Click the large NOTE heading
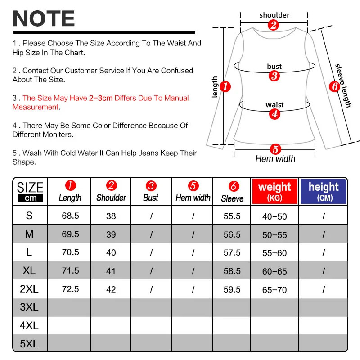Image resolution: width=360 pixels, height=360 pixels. pyautogui.click(x=44, y=18)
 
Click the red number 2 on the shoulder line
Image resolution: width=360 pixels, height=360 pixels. pyautogui.click(x=273, y=25)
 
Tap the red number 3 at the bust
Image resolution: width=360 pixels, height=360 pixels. pyautogui.click(x=274, y=76)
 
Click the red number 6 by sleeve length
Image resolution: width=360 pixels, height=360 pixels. pyautogui.click(x=333, y=86)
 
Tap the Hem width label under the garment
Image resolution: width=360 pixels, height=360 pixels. pyautogui.click(x=275, y=159)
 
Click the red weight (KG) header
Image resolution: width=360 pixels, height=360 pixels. pyautogui.click(x=274, y=191)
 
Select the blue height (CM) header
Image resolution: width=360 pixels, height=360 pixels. pyautogui.click(x=324, y=191)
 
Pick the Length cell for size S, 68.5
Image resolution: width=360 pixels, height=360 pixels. pyautogui.click(x=70, y=216)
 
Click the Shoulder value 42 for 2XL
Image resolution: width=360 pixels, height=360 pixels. pyautogui.click(x=111, y=289)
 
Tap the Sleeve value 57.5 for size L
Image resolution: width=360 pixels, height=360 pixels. pyautogui.click(x=232, y=252)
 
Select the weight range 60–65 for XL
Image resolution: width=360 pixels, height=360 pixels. pyautogui.click(x=274, y=271)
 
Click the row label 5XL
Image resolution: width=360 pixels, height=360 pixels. pyautogui.click(x=29, y=344)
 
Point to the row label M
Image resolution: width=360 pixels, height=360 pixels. pyautogui.click(x=29, y=234)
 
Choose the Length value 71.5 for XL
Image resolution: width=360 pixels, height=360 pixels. pyautogui.click(x=70, y=271)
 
